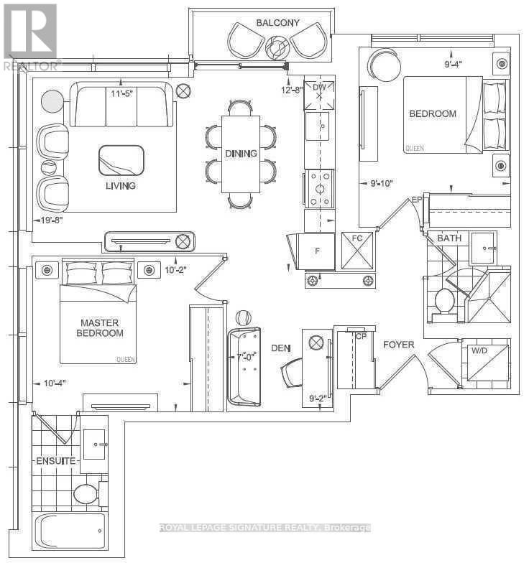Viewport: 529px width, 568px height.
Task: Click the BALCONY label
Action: coord(278,23)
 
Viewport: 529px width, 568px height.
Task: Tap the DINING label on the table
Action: coord(240,153)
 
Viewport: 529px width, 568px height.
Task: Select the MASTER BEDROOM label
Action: coord(101,327)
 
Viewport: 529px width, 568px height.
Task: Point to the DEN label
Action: coord(280,348)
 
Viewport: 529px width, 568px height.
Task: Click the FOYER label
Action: coord(398,345)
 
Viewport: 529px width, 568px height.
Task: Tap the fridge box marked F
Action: coord(317,251)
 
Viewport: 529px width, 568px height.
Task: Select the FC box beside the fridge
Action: coord(357,251)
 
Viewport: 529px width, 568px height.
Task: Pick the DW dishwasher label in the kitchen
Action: coord(319,88)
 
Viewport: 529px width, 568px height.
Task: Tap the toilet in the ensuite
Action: coord(86,493)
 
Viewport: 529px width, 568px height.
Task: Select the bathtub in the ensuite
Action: coord(70,532)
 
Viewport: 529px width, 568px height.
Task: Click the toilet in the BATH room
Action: coord(444,300)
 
